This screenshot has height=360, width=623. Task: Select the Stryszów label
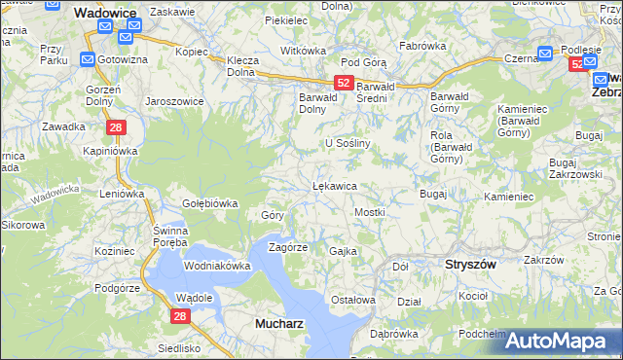[470, 264]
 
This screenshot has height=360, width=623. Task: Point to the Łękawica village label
[334, 185]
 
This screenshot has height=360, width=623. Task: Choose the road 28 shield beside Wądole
[179, 316]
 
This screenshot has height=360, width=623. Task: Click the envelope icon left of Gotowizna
[87, 60]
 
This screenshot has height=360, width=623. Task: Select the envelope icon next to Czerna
[545, 54]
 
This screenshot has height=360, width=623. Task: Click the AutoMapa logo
[563, 341]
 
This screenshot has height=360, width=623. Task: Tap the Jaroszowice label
[173, 100]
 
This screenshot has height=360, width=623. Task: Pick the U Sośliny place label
[349, 142]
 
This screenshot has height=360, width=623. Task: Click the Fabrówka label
[421, 46]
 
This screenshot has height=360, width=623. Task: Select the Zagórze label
[288, 247]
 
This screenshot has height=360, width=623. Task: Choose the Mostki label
[370, 212]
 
